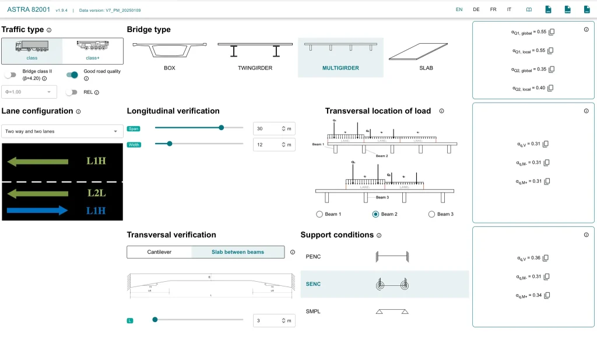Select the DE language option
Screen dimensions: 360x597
pyautogui.click(x=476, y=9)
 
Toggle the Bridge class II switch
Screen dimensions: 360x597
pyautogui.click(x=10, y=75)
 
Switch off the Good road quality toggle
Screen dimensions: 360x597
pyautogui.click(x=72, y=75)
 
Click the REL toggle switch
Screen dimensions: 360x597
pyautogui.click(x=72, y=92)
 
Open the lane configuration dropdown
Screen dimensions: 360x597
pyautogui.click(x=61, y=131)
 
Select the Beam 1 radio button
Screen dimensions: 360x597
pyautogui.click(x=319, y=214)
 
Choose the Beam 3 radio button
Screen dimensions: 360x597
pyautogui.click(x=431, y=214)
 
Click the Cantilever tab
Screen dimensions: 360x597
pyautogui.click(x=159, y=252)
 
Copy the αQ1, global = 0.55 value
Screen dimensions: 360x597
pyautogui.click(x=552, y=32)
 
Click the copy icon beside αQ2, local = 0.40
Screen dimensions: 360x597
pyautogui.click(x=550, y=88)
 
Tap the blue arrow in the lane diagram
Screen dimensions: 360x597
pyautogui.click(x=38, y=210)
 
